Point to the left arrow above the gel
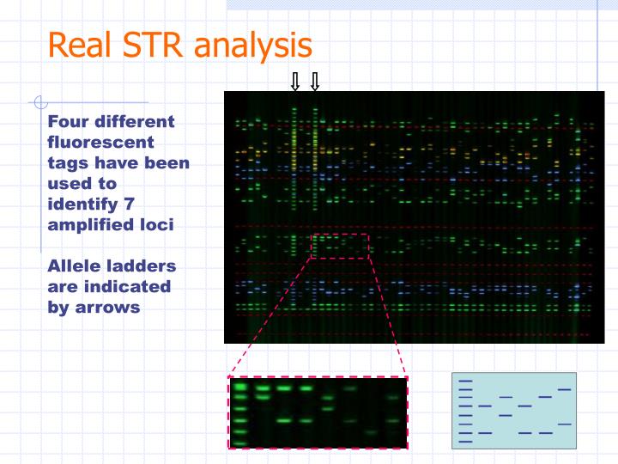point(294,82)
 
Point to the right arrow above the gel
point(315,82)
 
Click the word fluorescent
point(101,142)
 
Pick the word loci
point(158,224)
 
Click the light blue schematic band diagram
point(513,411)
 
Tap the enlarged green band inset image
point(318,412)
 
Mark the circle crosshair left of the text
point(39,103)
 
